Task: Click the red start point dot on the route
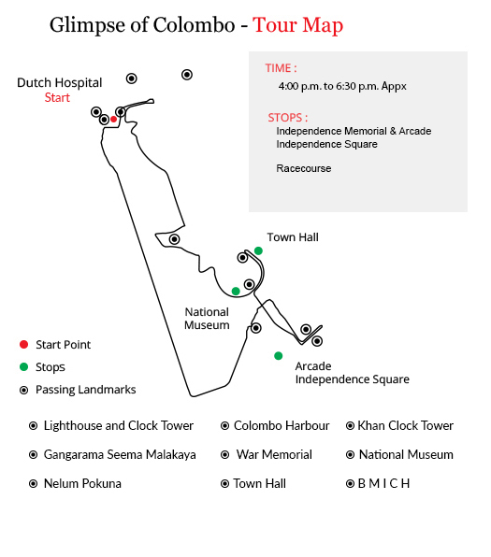[x=113, y=119]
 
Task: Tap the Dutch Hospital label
[x=59, y=83]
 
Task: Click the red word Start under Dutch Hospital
[x=57, y=98]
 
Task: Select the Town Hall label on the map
[x=293, y=237]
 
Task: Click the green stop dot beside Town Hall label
[x=258, y=250]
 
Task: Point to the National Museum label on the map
[x=207, y=319]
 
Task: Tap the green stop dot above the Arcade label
[x=279, y=355]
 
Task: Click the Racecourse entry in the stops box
[x=304, y=168]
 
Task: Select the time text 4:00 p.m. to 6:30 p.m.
[x=342, y=86]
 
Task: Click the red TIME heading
[x=281, y=68]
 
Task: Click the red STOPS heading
[x=288, y=118]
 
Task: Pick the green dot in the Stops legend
[x=23, y=366]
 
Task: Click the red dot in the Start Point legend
[x=23, y=344]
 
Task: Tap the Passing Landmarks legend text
[x=86, y=390]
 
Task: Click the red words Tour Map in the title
[x=298, y=25]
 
